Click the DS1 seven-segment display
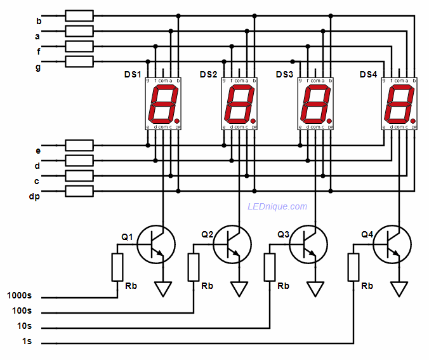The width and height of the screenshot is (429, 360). coord(163,104)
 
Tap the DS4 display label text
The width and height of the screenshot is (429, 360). coord(368,75)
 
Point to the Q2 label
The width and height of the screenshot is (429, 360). coord(208,234)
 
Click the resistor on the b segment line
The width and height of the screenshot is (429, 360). coord(79,16)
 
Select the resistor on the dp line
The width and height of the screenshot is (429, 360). coord(79,191)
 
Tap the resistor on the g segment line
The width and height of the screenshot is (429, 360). coord(79,61)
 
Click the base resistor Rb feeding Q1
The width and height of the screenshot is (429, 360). coord(117,267)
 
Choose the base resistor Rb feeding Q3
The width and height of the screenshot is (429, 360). coord(270,267)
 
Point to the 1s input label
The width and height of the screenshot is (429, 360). coord(26,343)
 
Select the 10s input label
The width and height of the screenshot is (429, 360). coord(23,326)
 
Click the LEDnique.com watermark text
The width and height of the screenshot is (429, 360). coord(277,206)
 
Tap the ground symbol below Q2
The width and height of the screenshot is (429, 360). coord(239,289)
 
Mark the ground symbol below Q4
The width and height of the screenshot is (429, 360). coord(399,289)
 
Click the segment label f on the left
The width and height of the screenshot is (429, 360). coord(37,51)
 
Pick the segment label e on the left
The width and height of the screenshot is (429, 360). coord(37,150)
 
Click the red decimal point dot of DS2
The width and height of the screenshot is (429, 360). coord(253,121)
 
